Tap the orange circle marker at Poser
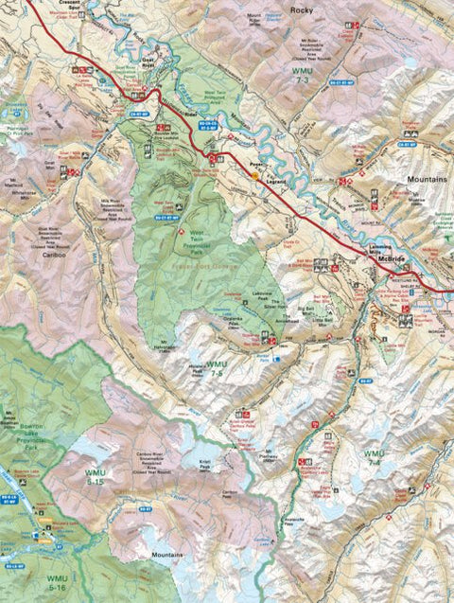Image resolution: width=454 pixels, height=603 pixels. point(253,173)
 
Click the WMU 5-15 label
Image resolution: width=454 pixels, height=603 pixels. point(94,473)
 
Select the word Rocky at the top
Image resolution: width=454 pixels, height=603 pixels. point(301,9)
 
